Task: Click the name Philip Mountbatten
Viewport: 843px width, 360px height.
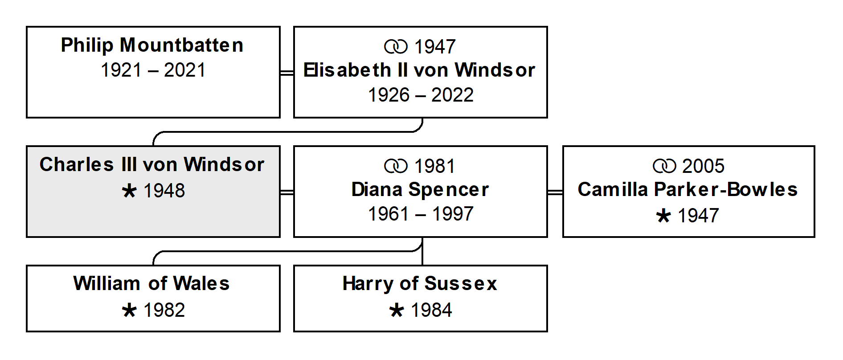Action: (x=152, y=45)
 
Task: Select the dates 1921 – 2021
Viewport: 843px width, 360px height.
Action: (x=153, y=70)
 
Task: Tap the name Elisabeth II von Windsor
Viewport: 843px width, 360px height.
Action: (x=419, y=70)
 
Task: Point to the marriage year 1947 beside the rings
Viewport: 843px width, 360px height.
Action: (x=435, y=46)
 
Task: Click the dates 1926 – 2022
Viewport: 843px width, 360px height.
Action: (x=421, y=95)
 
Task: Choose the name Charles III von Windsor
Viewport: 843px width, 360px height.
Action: (x=152, y=164)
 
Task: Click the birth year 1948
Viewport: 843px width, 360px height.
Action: (x=164, y=191)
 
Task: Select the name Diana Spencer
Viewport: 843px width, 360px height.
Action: (x=420, y=189)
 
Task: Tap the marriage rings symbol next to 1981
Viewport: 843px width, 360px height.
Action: (x=396, y=166)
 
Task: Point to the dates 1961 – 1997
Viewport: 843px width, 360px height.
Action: (x=421, y=214)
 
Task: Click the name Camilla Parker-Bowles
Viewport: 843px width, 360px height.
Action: (x=687, y=189)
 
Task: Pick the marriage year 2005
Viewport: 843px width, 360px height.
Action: (x=703, y=166)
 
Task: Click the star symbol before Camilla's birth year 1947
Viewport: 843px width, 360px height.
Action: (x=663, y=216)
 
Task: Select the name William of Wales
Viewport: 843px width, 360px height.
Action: (x=151, y=283)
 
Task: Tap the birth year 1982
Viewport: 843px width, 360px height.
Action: (x=164, y=310)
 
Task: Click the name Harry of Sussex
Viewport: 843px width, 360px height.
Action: (x=420, y=283)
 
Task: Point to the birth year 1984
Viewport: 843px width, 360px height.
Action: (x=431, y=310)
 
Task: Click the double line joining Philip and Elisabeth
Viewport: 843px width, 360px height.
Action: (x=287, y=73)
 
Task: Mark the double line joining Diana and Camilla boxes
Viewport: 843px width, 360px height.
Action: (x=555, y=192)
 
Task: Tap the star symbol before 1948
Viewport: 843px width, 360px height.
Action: (x=129, y=191)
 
